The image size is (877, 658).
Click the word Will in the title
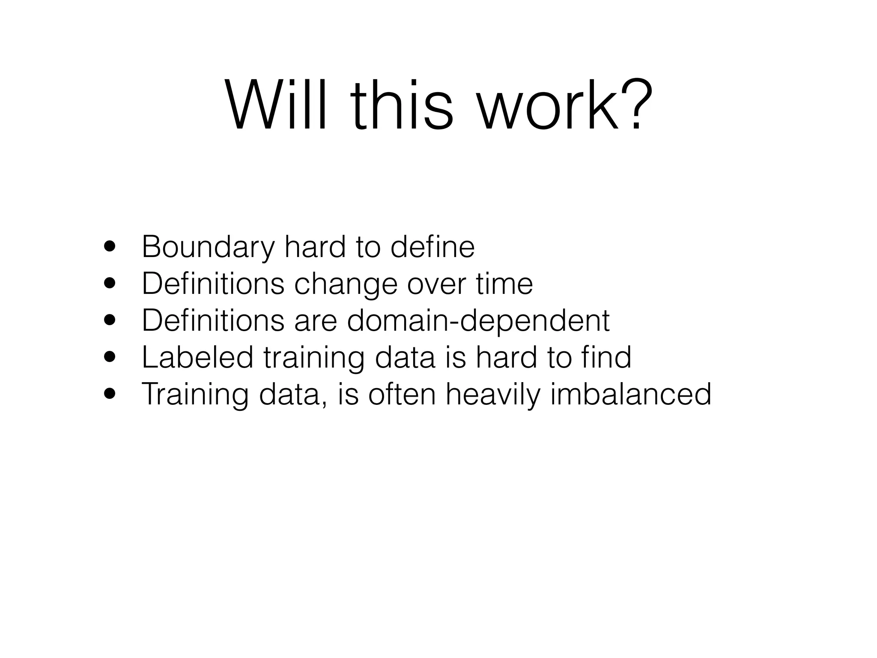pyautogui.click(x=279, y=105)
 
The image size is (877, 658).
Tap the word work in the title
pyautogui.click(x=549, y=105)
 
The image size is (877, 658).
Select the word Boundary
pyautogui.click(x=208, y=248)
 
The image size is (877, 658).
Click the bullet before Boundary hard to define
pyautogui.click(x=110, y=247)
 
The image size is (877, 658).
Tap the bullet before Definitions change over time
pyautogui.click(x=110, y=284)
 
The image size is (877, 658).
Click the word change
pyautogui.click(x=346, y=284)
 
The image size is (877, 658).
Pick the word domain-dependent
pyautogui.click(x=478, y=321)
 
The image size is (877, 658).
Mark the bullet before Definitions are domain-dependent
pyautogui.click(x=110, y=320)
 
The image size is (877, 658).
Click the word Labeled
pyautogui.click(x=197, y=357)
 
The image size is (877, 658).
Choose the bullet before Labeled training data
pyautogui.click(x=110, y=356)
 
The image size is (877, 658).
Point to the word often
pyautogui.click(x=402, y=393)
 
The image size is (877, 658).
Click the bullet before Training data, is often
pyautogui.click(x=110, y=393)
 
